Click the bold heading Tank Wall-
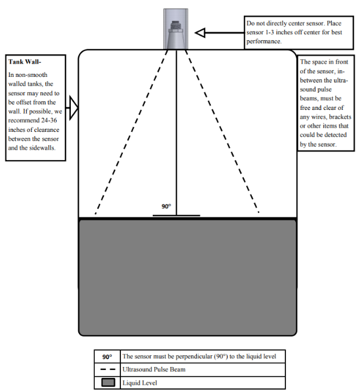coord(24,62)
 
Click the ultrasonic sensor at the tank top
coord(176,35)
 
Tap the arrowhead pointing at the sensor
coord(200,33)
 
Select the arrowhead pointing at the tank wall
coord(73,108)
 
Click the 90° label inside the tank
coord(166,206)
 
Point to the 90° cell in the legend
coord(107,357)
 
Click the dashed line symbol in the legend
coord(108,369)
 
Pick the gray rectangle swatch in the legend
coord(108,382)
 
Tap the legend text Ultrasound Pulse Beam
coord(154,369)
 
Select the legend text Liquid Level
coord(139,383)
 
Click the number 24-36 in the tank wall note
coord(50,120)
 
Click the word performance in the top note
coord(263,42)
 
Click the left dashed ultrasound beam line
coord(131,132)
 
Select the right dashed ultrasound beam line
coord(222,131)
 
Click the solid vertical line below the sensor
coord(177,132)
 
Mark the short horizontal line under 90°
coord(177,216)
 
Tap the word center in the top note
coord(298,23)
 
